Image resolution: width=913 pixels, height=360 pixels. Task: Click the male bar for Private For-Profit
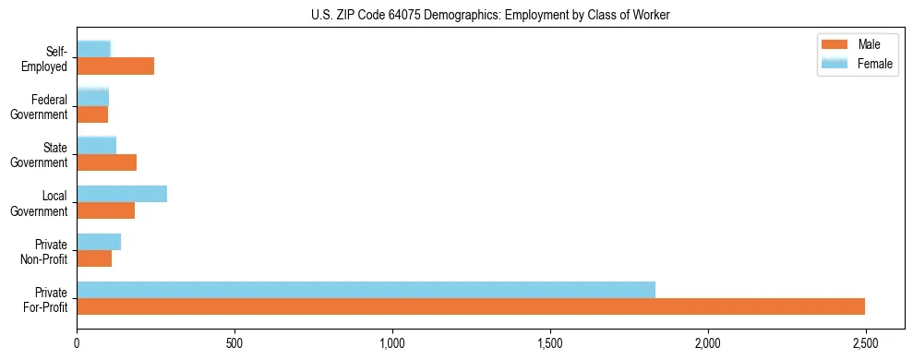click(x=471, y=306)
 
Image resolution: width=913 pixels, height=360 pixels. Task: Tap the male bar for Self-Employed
click(x=115, y=66)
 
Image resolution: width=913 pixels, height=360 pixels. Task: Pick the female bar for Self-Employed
click(x=93, y=49)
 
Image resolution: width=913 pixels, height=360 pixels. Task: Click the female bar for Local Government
click(x=122, y=193)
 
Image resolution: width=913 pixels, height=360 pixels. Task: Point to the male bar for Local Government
click(x=105, y=210)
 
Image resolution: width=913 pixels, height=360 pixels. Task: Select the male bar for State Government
click(x=106, y=162)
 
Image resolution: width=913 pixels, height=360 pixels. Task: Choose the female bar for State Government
click(x=96, y=145)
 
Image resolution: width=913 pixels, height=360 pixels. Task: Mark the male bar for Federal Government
click(x=92, y=114)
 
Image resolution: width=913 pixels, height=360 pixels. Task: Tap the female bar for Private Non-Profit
click(x=99, y=242)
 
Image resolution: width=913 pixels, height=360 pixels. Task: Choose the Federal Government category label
click(x=40, y=107)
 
